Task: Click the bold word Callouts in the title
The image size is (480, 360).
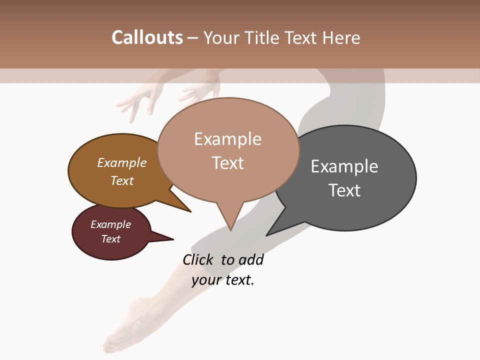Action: [x=147, y=38]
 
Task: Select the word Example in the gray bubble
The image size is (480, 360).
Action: [x=344, y=166]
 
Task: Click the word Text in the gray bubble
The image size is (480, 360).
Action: [x=344, y=190]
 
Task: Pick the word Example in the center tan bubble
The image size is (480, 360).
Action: [x=227, y=139]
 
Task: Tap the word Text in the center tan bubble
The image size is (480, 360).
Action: [x=227, y=163]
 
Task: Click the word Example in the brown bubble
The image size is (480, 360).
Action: [x=122, y=163]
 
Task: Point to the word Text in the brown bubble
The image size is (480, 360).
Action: [x=122, y=181]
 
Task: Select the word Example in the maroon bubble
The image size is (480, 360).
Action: [x=111, y=224]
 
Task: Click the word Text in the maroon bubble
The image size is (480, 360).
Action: [x=111, y=239]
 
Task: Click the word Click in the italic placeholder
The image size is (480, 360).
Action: [x=197, y=260]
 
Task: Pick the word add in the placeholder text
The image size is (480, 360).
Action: [x=251, y=260]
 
